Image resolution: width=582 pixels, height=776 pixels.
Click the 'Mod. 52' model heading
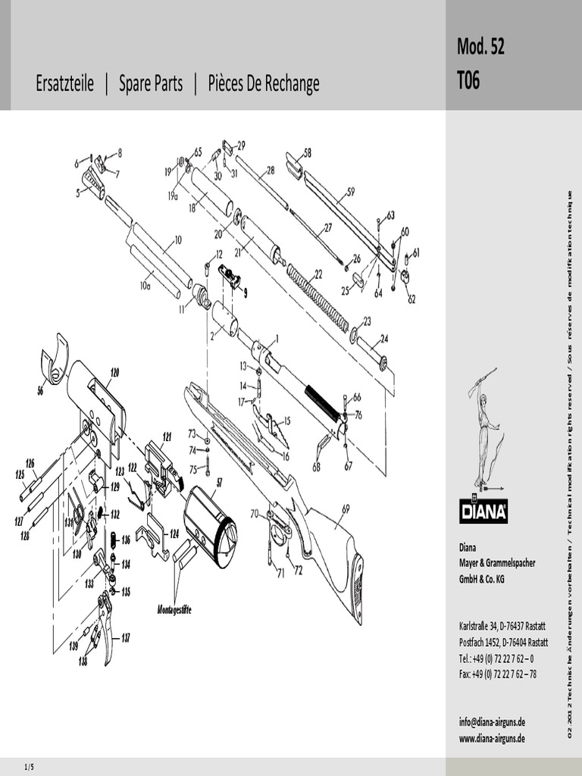pyautogui.click(x=480, y=47)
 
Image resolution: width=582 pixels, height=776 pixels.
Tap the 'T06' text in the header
pyautogui.click(x=468, y=81)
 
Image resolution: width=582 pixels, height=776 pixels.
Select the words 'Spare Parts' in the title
pyautogui.click(x=151, y=83)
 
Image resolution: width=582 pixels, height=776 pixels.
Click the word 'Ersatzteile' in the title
pyautogui.click(x=64, y=83)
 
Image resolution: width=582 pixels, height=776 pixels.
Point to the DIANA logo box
pyautogui.click(x=483, y=510)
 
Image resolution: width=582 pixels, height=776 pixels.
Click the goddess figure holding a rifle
pyautogui.click(x=482, y=427)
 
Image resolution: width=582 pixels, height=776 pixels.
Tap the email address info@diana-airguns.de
pyautogui.click(x=492, y=722)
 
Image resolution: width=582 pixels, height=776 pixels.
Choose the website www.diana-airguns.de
pyautogui.click(x=492, y=738)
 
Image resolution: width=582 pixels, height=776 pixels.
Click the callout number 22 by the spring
pyautogui.click(x=318, y=274)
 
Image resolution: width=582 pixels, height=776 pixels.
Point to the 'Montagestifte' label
pyautogui.click(x=174, y=609)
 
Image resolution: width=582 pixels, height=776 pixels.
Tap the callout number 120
pyautogui.click(x=114, y=372)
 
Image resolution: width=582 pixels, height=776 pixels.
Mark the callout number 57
pyautogui.click(x=220, y=482)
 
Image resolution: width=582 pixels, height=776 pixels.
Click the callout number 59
pyautogui.click(x=350, y=192)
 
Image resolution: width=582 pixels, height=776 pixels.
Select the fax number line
pyautogui.click(x=497, y=674)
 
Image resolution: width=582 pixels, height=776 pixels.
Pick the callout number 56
pyautogui.click(x=40, y=391)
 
